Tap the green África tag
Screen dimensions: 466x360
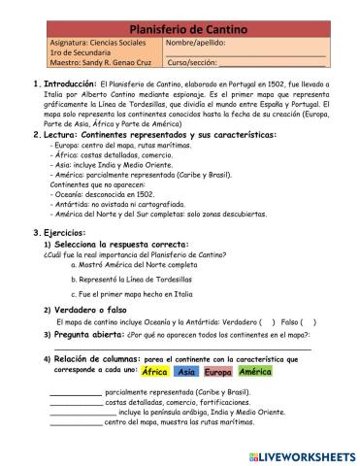click(x=154, y=372)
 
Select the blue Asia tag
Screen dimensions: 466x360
click(x=188, y=372)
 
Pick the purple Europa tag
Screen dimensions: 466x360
click(x=218, y=372)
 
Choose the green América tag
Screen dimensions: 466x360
click(x=254, y=372)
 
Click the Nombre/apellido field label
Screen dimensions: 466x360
click(x=198, y=44)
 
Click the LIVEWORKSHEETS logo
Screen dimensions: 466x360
click(x=301, y=454)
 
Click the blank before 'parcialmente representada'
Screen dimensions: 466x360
click(x=75, y=392)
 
